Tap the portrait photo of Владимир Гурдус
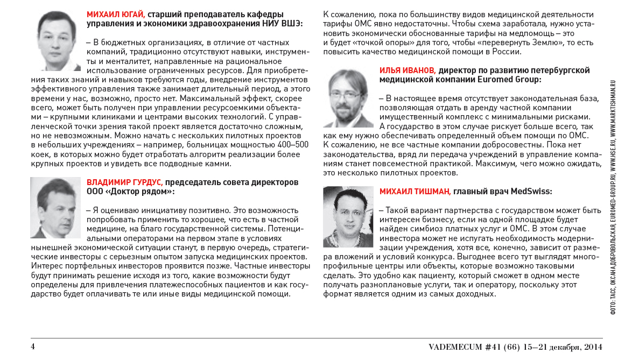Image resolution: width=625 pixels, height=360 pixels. coord(55,208)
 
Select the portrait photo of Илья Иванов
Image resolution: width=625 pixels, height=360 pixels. coord(347,98)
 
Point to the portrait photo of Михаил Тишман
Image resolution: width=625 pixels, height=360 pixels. coord(348,217)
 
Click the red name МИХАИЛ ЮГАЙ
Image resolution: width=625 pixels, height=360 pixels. coord(115,15)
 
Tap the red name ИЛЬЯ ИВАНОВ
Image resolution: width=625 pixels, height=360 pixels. coord(408,70)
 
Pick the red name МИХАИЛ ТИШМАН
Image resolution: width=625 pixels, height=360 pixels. coord(414,192)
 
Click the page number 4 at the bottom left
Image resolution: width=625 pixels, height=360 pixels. coord(32,346)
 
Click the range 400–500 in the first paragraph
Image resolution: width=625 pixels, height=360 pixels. coord(290,145)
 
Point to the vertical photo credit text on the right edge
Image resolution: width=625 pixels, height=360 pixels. coord(613,199)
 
